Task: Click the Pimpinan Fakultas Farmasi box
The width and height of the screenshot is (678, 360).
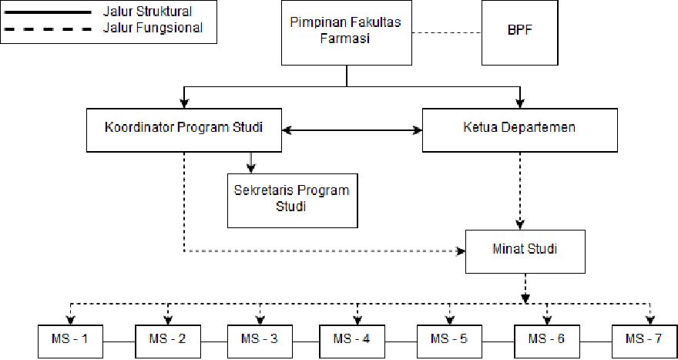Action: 346,33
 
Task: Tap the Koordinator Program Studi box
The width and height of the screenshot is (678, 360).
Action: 183,128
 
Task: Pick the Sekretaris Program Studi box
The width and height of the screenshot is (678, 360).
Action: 291,198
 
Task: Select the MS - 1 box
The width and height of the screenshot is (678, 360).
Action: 71,340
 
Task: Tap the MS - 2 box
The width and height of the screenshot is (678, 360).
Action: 167,340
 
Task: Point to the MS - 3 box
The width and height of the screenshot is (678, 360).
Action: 260,340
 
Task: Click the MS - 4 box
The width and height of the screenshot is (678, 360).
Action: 357,340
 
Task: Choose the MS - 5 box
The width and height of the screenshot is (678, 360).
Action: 450,340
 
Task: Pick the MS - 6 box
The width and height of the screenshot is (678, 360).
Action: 546,340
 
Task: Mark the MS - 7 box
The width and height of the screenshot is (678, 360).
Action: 644,340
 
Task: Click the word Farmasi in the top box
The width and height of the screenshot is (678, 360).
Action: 346,39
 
